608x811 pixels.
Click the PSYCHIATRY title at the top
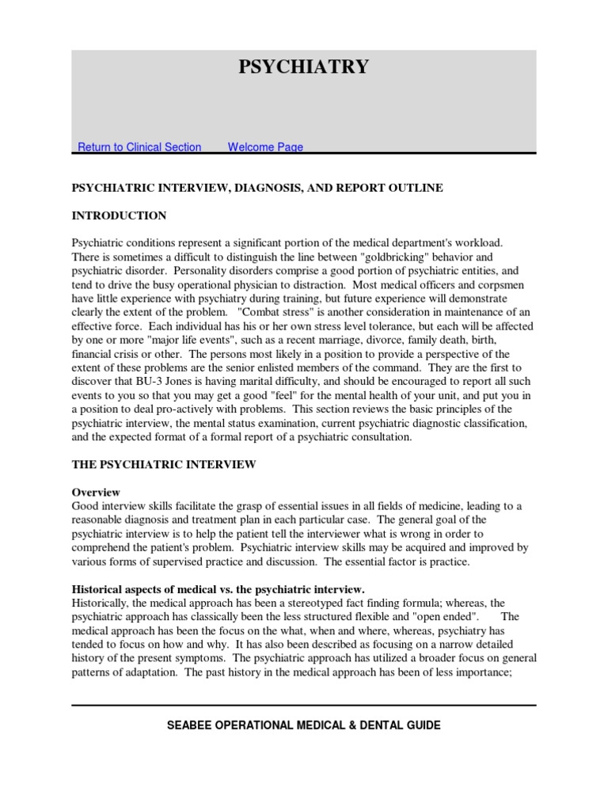tap(304, 67)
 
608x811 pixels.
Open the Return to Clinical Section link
tap(139, 147)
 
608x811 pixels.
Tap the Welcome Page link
tap(265, 147)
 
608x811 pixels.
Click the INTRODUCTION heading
tap(120, 215)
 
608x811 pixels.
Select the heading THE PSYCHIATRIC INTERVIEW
tap(165, 463)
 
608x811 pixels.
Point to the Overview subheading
tap(97, 491)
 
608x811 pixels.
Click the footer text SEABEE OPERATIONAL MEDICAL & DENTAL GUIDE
tap(304, 725)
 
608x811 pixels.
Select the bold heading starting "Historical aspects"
tap(218, 589)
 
